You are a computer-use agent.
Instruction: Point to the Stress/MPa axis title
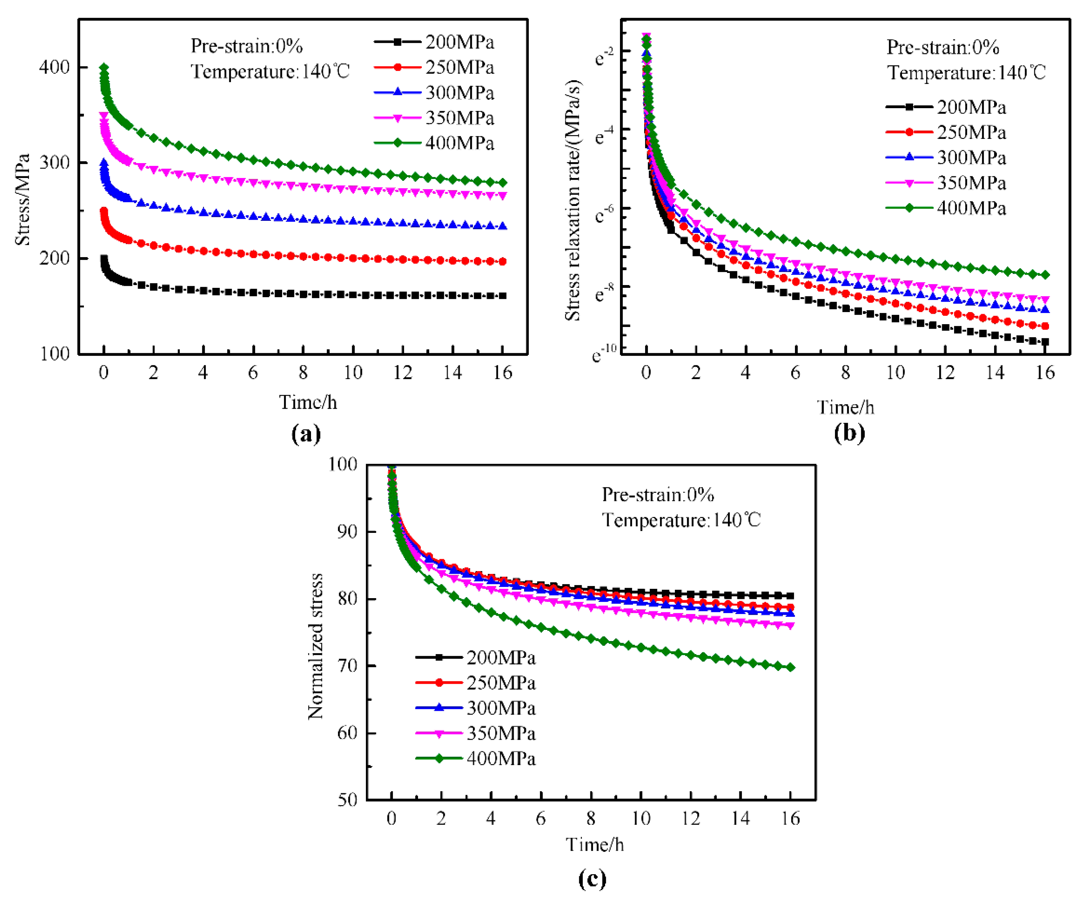(22, 199)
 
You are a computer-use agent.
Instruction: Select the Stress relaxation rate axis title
(572, 201)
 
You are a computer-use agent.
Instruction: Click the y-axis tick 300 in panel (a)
(54, 163)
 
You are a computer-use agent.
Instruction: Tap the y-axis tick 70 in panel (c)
(347, 666)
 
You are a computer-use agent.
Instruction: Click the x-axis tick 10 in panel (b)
(895, 373)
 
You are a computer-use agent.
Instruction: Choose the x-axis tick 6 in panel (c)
(541, 819)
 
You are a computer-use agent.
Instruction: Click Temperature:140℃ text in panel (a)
(270, 72)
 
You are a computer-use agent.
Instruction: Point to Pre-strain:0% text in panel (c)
(657, 495)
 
